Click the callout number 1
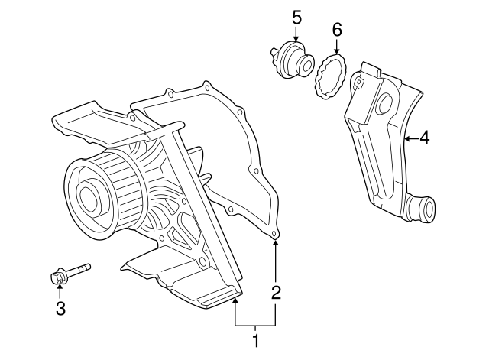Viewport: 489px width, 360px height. [256, 339]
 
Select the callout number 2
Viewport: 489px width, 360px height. [277, 291]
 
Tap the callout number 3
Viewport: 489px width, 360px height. [60, 309]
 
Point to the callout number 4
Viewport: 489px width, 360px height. [424, 138]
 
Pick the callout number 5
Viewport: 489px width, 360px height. [296, 15]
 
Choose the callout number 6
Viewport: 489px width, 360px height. [337, 30]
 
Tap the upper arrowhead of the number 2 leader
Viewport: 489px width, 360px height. [277, 244]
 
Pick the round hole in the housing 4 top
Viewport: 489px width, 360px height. [384, 103]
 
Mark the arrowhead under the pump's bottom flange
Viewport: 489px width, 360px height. [236, 300]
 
